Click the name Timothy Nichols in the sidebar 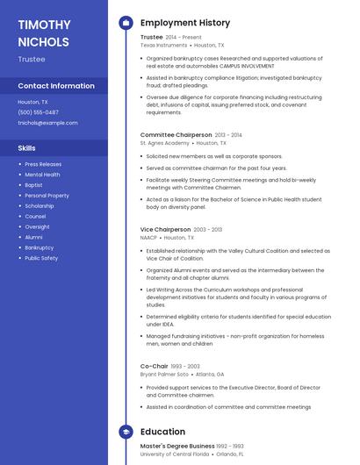point(43,32)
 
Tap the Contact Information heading point(56,86)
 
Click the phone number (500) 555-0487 point(39,112)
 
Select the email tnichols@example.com point(47,123)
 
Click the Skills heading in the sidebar point(27,148)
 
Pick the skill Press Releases point(43,164)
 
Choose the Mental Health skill point(42,175)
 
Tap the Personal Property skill point(47,196)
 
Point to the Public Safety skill point(41,258)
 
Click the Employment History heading point(185,23)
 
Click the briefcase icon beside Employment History point(126,23)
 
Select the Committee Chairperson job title point(176,135)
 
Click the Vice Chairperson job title point(165,229)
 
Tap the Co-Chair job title point(154,366)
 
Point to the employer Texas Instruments point(162,45)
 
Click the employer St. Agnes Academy point(164,142)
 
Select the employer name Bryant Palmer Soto point(164,374)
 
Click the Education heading point(162,432)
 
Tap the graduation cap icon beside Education point(126,432)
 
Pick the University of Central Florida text point(175,454)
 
